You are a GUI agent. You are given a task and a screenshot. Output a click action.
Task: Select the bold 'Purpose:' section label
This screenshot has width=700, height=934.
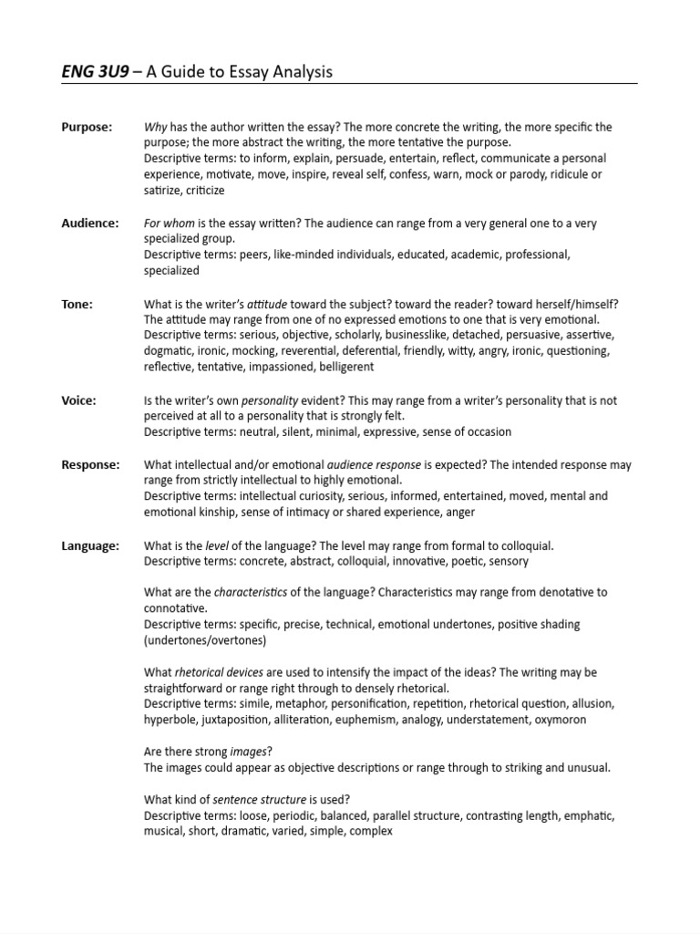87,127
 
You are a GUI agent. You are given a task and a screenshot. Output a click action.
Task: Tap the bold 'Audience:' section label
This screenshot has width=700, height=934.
89,223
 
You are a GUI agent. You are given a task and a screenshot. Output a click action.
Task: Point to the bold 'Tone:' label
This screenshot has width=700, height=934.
77,304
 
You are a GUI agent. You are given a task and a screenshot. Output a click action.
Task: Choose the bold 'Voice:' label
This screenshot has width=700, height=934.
78,400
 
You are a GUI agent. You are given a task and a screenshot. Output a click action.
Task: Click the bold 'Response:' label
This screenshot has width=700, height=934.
90,464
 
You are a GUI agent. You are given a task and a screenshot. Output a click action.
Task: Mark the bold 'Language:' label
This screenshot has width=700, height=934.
90,545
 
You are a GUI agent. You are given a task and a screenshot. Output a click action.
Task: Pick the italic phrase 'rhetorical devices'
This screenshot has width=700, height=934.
217,672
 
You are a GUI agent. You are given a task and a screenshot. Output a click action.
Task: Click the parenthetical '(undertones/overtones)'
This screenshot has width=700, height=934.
205,640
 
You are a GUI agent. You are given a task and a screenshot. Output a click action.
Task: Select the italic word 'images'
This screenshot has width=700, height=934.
249,752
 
